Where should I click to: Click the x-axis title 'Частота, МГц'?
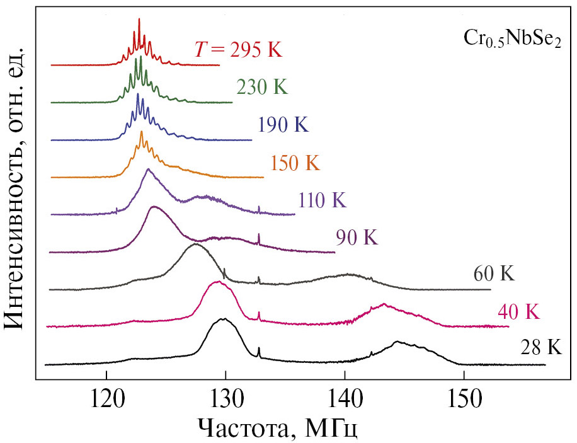point(278,430)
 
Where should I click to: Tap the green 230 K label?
point(262,87)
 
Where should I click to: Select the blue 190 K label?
point(283,125)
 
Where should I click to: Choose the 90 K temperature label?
point(357,238)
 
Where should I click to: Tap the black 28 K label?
point(540,348)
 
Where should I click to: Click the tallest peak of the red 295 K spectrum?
point(139,20)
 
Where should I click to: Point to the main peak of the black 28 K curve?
point(223,319)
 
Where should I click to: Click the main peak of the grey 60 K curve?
point(195,245)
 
